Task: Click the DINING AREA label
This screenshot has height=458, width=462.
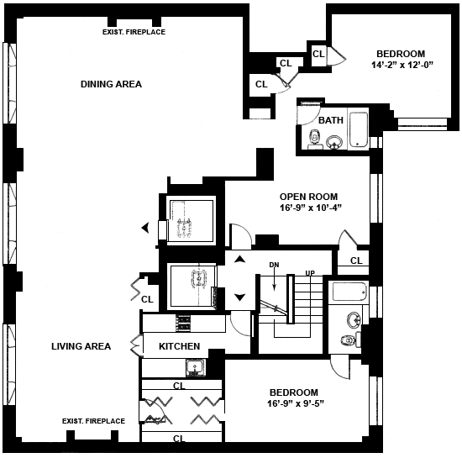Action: click(x=111, y=84)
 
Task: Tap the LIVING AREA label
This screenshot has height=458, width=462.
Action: click(x=81, y=346)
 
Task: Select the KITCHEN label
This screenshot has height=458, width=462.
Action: click(x=179, y=346)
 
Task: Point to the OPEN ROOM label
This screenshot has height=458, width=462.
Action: click(x=308, y=197)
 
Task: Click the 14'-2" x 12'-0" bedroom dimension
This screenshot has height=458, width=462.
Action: click(x=402, y=66)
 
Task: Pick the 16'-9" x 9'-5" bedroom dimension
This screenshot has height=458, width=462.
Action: click(x=296, y=403)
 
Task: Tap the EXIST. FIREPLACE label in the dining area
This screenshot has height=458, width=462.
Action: click(x=134, y=32)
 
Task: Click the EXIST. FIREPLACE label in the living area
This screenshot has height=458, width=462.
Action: click(x=93, y=421)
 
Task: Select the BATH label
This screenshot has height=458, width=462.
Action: click(x=331, y=120)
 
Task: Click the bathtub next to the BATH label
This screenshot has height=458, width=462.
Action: click(x=359, y=129)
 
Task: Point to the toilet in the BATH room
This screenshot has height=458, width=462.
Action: click(x=314, y=139)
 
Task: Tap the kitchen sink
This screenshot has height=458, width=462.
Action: click(x=196, y=368)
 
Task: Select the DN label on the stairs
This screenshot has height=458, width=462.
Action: click(x=274, y=265)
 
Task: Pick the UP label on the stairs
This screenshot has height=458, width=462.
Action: click(x=310, y=273)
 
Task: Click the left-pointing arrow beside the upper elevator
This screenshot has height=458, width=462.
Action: click(x=145, y=228)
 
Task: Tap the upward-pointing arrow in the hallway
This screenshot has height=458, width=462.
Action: click(x=240, y=259)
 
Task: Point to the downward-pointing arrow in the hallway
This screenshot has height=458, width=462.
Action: click(x=240, y=297)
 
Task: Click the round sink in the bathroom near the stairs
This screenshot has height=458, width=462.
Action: click(x=354, y=320)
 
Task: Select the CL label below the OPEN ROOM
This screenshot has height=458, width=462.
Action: click(x=356, y=261)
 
